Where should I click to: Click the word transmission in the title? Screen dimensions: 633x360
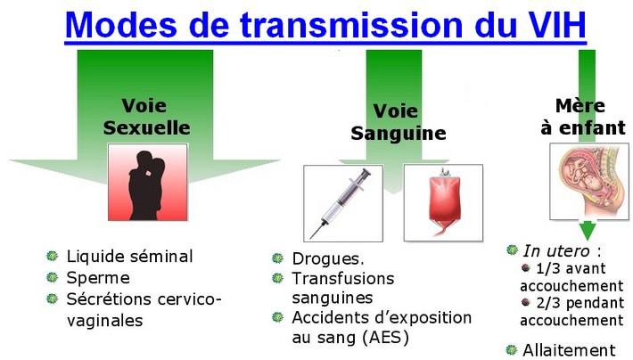tap(351, 25)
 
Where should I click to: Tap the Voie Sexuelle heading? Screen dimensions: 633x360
tap(146, 117)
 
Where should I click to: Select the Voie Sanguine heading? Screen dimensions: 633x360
tap(398, 122)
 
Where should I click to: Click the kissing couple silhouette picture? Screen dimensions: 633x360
tap(148, 182)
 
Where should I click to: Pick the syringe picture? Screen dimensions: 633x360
tap(343, 203)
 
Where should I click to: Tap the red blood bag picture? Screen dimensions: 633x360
tap(443, 202)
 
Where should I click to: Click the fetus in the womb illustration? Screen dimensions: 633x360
tap(589, 182)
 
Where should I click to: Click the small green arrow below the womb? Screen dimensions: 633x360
tap(588, 231)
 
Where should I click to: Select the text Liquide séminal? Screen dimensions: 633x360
tap(129, 257)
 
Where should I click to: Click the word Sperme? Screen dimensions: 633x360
tap(98, 278)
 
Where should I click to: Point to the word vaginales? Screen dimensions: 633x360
tap(105, 321)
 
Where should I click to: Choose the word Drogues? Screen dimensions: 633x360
tap(328, 259)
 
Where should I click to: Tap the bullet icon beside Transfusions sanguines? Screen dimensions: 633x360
tap(278, 278)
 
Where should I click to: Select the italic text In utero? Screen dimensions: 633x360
tap(556, 251)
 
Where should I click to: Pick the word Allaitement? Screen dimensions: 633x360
tap(569, 350)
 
